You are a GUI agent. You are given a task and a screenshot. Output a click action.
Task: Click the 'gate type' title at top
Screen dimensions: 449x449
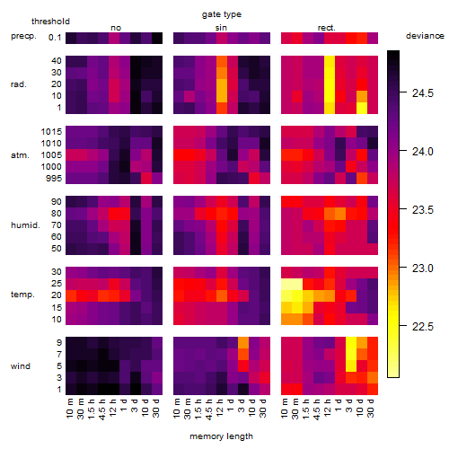click(222, 14)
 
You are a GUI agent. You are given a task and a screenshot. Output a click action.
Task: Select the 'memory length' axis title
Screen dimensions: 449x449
click(221, 436)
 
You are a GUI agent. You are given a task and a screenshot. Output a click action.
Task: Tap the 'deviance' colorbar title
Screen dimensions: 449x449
click(425, 36)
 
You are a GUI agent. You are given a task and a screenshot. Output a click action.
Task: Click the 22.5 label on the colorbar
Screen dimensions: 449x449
click(423, 326)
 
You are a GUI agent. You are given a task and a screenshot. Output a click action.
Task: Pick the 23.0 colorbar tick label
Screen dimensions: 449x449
click(423, 268)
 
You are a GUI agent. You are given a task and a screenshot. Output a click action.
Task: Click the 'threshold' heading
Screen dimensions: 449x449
click(50, 22)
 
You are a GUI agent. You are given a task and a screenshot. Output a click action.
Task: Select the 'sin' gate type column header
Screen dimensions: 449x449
click(221, 28)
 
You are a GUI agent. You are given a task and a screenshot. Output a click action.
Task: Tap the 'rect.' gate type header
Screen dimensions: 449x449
click(327, 28)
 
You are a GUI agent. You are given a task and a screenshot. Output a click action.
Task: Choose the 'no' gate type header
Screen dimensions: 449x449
click(116, 28)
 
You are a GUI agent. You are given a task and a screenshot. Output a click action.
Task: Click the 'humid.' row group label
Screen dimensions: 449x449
click(25, 225)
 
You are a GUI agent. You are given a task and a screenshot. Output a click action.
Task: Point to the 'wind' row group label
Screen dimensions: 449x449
click(21, 366)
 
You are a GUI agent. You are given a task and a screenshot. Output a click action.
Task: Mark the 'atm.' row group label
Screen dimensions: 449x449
click(20, 155)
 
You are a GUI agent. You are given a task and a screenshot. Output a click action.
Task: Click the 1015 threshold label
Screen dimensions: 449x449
click(51, 132)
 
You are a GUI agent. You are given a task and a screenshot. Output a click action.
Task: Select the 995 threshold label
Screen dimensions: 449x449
click(54, 179)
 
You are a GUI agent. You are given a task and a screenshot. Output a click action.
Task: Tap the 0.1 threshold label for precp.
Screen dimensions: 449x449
click(55, 38)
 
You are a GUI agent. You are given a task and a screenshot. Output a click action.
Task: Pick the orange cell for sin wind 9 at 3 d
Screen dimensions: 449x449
click(243, 343)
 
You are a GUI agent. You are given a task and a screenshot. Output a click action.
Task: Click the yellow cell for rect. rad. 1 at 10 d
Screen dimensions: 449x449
click(362, 108)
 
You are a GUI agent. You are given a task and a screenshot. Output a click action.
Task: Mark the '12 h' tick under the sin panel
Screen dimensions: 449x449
click(220, 408)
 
